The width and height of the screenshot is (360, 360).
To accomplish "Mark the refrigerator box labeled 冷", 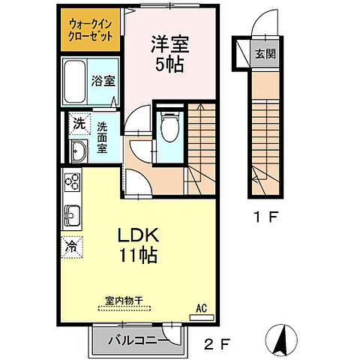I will coord(72,245).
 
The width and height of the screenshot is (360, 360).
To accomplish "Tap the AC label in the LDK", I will coord(201,307).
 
